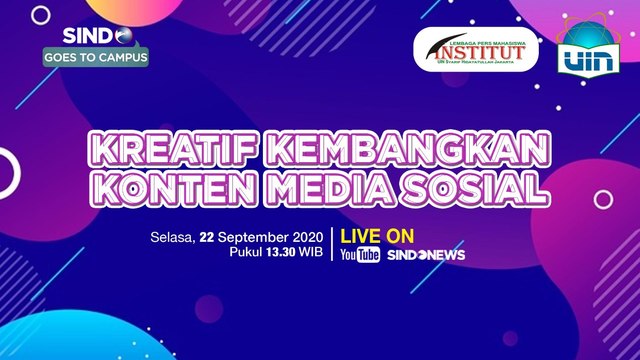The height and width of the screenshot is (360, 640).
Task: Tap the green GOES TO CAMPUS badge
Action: tap(96, 57)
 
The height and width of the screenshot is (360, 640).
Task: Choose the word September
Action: tap(248, 237)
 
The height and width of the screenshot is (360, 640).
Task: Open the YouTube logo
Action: tap(360, 255)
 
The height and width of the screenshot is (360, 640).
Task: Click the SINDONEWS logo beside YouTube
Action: tap(425, 255)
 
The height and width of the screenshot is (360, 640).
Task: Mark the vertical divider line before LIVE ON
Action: tap(332, 246)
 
